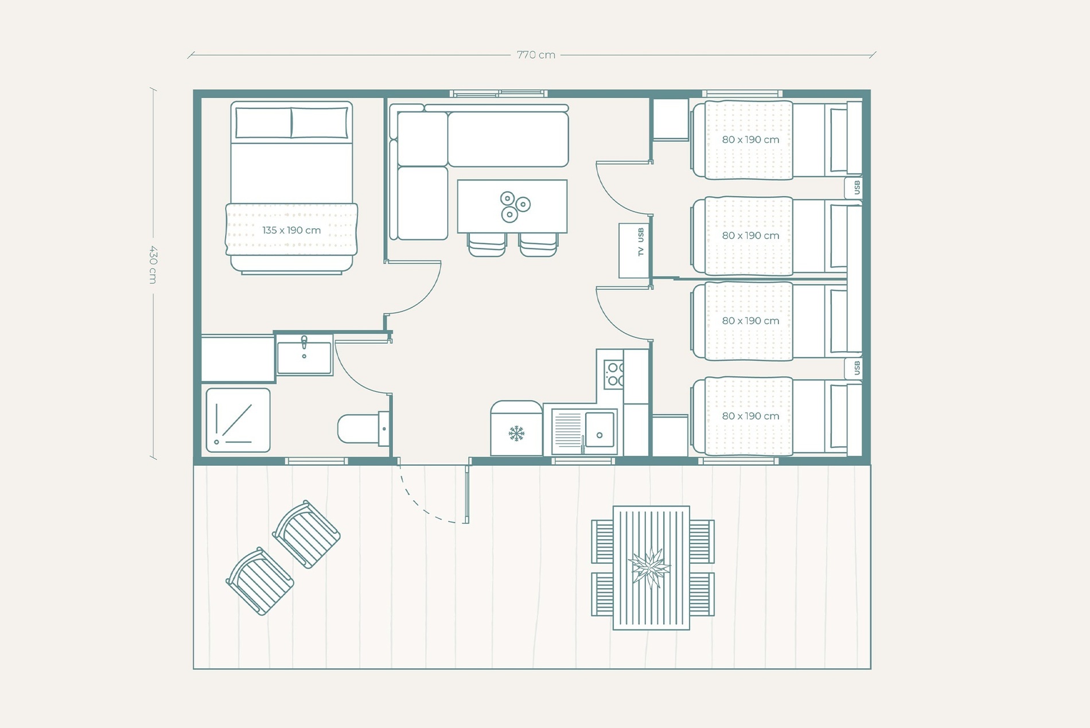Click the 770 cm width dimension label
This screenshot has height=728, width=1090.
536,55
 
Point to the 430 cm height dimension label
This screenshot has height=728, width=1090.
153,264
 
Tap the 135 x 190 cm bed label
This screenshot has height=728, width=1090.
291,230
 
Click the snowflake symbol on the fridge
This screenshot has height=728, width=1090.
516,433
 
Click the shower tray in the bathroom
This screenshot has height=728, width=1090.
238,420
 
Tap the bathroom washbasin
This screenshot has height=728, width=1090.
304,356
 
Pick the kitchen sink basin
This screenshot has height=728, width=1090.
599,429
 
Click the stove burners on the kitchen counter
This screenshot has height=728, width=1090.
614,373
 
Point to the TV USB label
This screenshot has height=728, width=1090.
641,242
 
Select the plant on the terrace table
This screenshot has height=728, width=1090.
650,567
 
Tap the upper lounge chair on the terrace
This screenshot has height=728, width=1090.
306,534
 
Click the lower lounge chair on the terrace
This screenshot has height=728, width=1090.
260,581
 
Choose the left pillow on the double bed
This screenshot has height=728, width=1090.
263,123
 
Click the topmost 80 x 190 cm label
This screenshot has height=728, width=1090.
750,139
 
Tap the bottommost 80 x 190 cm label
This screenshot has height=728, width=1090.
750,416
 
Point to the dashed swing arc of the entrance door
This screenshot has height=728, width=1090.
427,504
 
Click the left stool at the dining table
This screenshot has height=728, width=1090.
487,244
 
